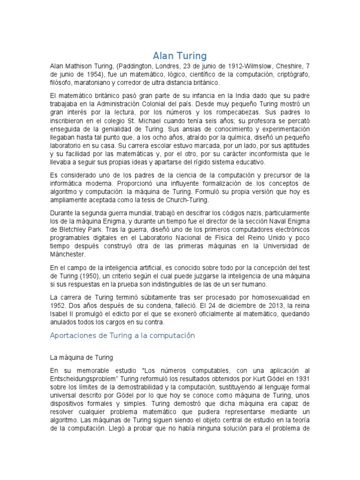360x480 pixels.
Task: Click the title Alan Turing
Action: click(x=180, y=56)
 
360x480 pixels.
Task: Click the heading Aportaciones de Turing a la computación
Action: click(x=122, y=336)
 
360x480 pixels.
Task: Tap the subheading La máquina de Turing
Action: click(x=82, y=357)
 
